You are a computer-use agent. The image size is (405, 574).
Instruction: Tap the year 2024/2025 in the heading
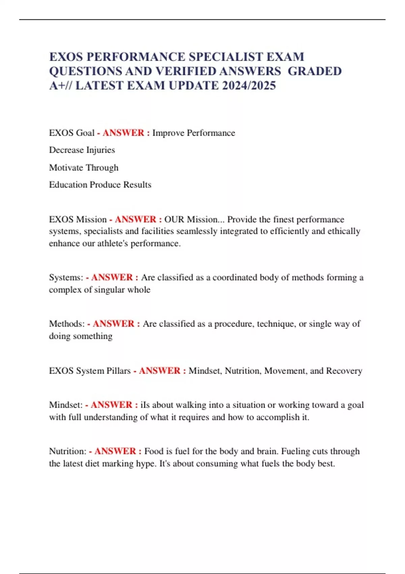(249, 85)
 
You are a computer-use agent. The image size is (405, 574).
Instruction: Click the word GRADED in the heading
(315, 71)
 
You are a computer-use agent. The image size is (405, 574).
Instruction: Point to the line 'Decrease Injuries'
(82, 150)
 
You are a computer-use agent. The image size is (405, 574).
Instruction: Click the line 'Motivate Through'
(84, 167)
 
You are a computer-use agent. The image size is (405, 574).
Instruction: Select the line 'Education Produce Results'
(100, 185)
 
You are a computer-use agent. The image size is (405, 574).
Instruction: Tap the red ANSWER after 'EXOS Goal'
(124, 133)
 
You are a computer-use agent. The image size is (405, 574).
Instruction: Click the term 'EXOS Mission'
(78, 219)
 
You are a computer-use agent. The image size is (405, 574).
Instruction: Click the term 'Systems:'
(66, 278)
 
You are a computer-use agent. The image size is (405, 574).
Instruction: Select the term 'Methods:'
(67, 324)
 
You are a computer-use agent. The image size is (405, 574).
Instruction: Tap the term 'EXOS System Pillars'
(90, 371)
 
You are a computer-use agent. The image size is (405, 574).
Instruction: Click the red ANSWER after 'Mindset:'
(111, 405)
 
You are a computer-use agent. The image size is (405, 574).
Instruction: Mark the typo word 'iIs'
(145, 405)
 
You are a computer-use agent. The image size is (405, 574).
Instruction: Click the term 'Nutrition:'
(68, 451)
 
